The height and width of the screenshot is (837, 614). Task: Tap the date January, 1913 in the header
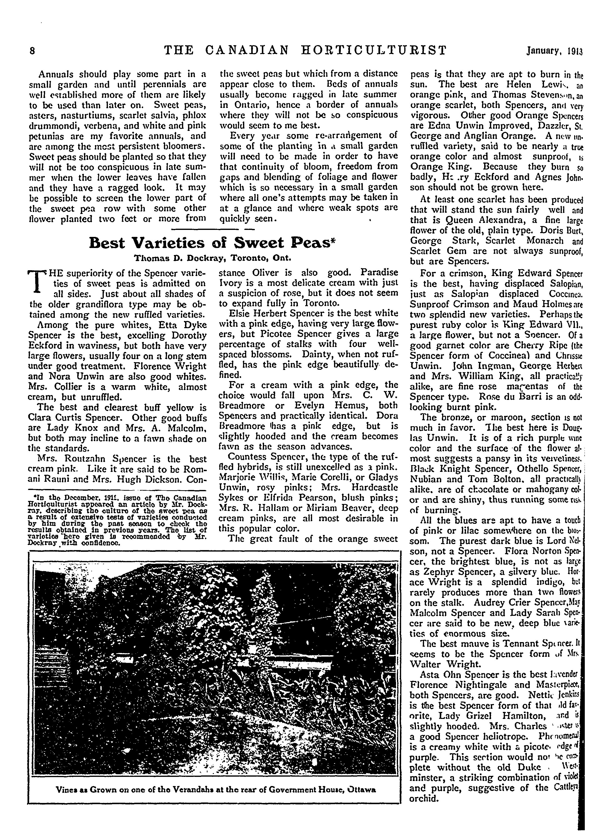click(x=554, y=51)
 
